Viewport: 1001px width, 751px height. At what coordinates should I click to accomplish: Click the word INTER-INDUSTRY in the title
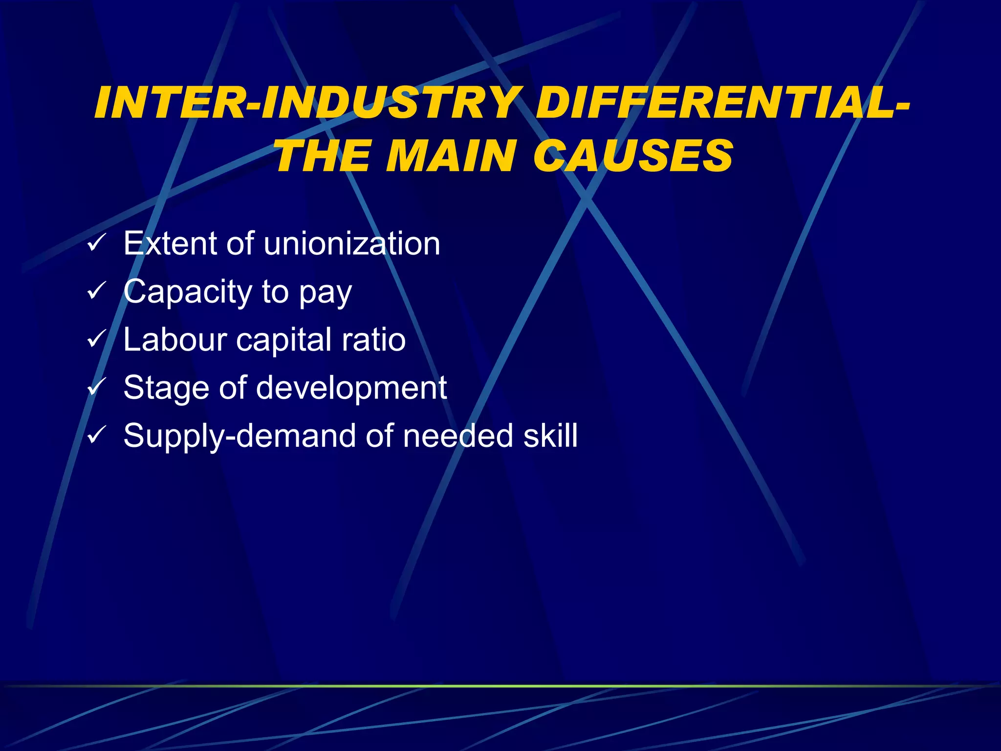(305, 103)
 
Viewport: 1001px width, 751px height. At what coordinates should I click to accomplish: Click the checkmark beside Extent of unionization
(96, 243)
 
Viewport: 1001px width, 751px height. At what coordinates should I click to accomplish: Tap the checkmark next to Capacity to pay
(96, 291)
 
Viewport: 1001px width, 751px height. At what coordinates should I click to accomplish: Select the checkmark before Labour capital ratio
(96, 339)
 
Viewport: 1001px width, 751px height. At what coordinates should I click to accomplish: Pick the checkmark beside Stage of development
(96, 387)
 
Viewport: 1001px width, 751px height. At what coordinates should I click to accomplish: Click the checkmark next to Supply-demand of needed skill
(96, 435)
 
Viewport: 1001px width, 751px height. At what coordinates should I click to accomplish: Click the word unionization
(351, 243)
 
